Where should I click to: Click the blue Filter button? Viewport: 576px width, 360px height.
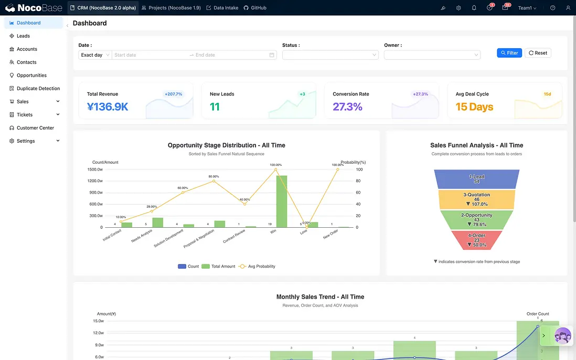(509, 53)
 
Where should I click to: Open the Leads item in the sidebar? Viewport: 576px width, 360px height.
(23, 36)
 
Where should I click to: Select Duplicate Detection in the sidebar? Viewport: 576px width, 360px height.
(38, 89)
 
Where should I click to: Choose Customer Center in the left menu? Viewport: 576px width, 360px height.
(35, 128)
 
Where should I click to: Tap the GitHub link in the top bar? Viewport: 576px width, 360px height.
(255, 8)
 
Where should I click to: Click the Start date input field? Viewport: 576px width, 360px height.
(150, 55)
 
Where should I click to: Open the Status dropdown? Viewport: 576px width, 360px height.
(330, 55)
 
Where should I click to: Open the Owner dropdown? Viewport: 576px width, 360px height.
(432, 55)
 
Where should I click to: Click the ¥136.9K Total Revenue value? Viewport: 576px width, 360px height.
(108, 107)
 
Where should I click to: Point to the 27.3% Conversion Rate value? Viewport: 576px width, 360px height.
(347, 107)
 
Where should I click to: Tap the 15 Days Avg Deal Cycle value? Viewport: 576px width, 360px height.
(474, 107)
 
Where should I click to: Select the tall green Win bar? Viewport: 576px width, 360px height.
(282, 201)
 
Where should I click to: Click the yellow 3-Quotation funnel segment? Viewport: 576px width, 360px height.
(477, 199)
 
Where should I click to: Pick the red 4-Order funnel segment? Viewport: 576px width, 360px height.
(477, 240)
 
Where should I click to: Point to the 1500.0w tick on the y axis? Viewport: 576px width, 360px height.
(95, 170)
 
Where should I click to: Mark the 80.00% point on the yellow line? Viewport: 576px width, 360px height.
(214, 181)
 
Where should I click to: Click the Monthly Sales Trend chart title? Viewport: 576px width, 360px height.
(320, 297)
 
